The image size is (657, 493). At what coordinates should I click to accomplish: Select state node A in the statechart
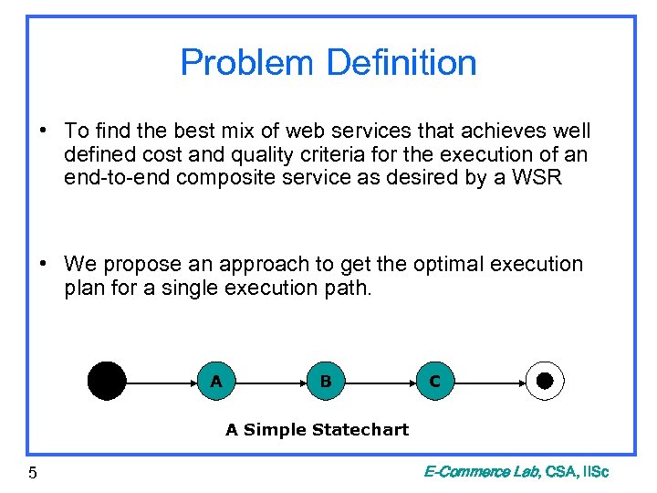click(x=215, y=381)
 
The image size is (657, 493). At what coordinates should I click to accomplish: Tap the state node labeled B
click(x=325, y=381)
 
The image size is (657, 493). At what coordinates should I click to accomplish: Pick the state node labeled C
click(x=434, y=381)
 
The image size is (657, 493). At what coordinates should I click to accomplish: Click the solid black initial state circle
click(x=107, y=381)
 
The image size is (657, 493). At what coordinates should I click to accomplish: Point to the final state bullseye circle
click(x=545, y=381)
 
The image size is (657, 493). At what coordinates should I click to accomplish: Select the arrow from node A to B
click(x=270, y=381)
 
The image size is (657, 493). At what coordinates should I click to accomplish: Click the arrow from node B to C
click(x=380, y=381)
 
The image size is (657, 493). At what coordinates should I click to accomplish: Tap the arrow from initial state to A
click(x=161, y=381)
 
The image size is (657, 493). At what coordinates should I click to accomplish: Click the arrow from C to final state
click(x=488, y=381)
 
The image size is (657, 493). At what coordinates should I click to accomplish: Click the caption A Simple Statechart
click(x=317, y=429)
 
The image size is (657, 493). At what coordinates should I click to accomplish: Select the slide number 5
click(x=33, y=472)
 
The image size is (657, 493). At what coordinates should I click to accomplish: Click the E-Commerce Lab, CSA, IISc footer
click(x=516, y=471)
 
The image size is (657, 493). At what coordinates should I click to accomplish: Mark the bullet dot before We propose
click(x=43, y=265)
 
